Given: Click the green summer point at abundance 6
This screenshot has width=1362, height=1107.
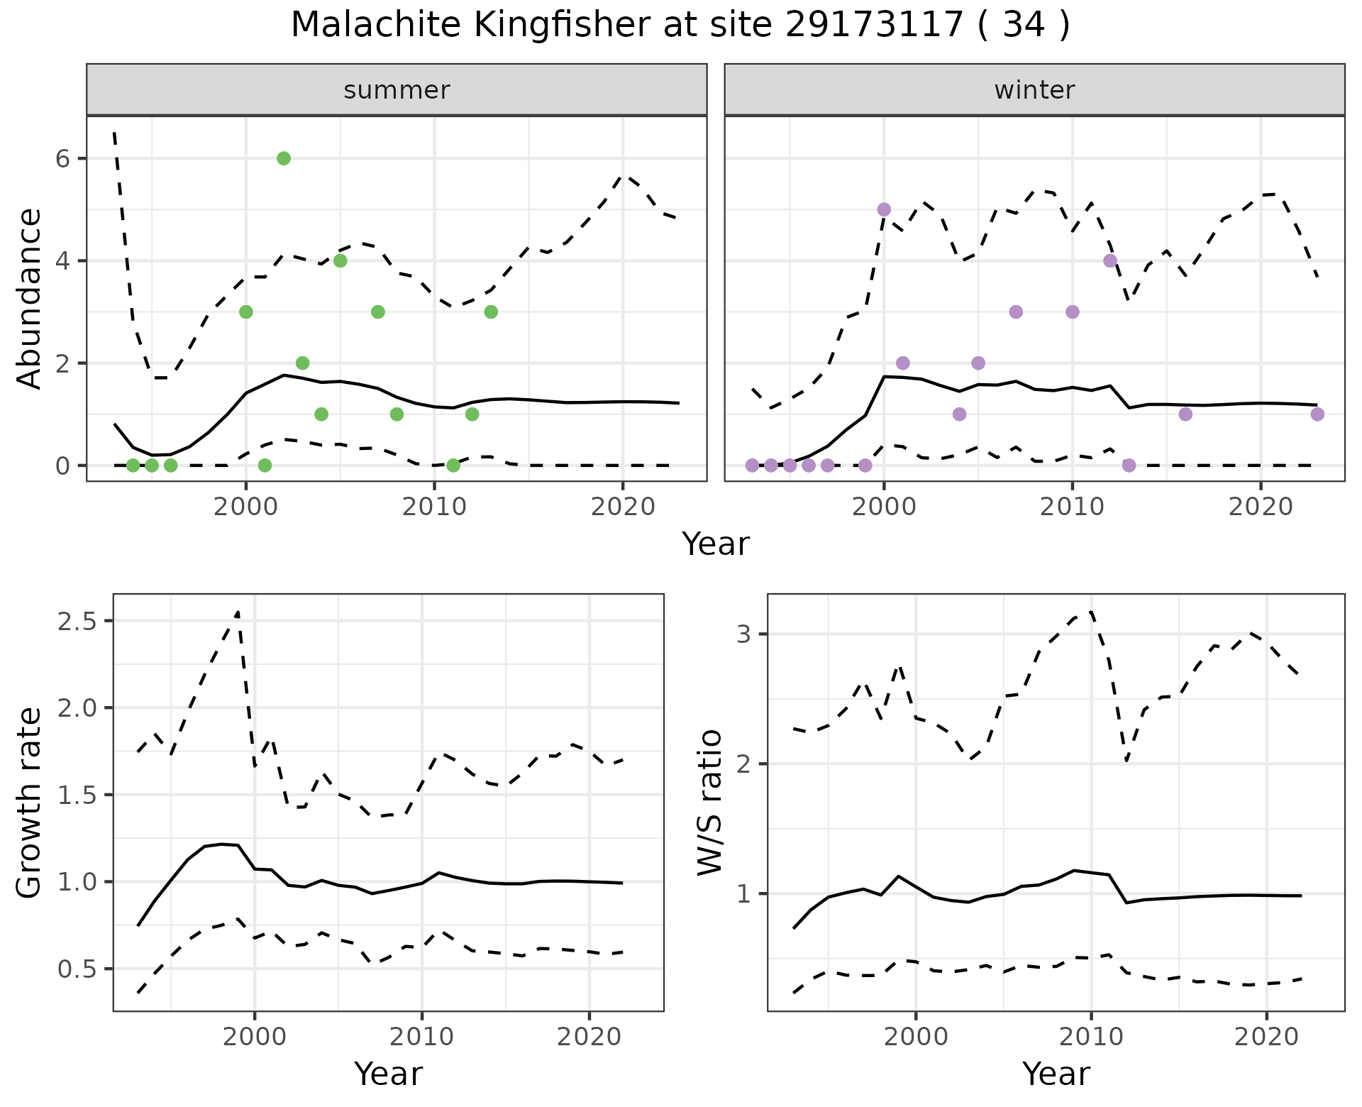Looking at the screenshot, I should [x=284, y=158].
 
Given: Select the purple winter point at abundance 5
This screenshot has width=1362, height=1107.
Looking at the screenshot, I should [x=884, y=209].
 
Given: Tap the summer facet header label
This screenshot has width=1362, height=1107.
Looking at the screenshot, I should [x=397, y=90].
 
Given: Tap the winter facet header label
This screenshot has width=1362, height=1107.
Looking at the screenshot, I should [x=1034, y=90].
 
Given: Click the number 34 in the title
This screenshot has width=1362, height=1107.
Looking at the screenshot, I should [x=1024, y=26].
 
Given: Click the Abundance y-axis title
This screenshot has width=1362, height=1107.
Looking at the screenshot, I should [x=30, y=298].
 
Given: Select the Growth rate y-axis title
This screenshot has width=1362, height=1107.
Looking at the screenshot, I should [x=30, y=803].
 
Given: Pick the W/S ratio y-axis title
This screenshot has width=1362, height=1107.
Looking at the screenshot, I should [x=710, y=803].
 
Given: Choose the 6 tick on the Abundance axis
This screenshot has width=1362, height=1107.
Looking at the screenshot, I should [x=64, y=158].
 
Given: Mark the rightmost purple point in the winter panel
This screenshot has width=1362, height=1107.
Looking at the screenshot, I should [x=1317, y=414].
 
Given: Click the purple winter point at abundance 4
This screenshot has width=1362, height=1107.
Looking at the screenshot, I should [x=1110, y=260].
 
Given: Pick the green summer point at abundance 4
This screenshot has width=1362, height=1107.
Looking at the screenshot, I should [x=340, y=260].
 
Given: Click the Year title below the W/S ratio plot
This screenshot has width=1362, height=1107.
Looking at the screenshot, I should [x=1056, y=1074].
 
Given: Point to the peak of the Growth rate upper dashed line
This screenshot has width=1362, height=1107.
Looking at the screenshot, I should [x=238, y=612].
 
